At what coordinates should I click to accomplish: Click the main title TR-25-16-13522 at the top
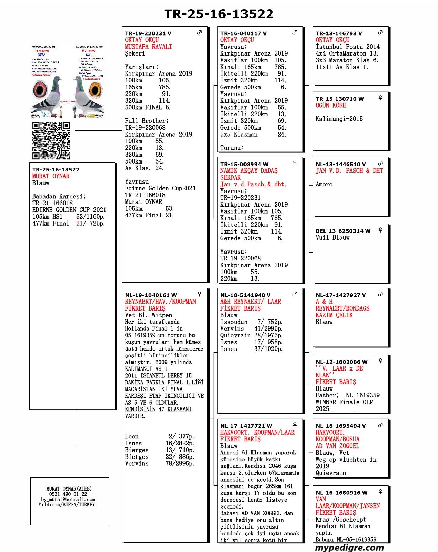(x=219, y=14)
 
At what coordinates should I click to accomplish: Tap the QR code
(x=51, y=141)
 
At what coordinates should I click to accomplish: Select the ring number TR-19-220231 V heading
(x=148, y=33)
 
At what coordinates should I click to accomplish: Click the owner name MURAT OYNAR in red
(x=51, y=176)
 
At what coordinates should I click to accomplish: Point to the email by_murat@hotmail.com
(x=68, y=499)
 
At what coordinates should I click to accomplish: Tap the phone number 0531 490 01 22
(x=68, y=494)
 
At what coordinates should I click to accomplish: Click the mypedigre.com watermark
(x=349, y=548)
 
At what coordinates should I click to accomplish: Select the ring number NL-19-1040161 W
(x=151, y=295)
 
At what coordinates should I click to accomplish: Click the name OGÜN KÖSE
(x=331, y=106)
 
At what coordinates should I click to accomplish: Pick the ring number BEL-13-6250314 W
(x=343, y=231)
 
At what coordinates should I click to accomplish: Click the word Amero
(x=324, y=185)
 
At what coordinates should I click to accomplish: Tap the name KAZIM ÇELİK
(x=334, y=315)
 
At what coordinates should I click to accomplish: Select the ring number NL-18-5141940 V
(x=245, y=295)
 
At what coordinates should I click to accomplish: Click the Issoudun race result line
(x=251, y=322)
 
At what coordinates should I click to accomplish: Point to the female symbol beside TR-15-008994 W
(x=295, y=163)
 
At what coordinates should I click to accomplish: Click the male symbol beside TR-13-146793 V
(x=380, y=32)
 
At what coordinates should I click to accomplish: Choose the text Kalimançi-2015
(x=339, y=119)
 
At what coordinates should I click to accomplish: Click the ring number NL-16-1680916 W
(x=341, y=493)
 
